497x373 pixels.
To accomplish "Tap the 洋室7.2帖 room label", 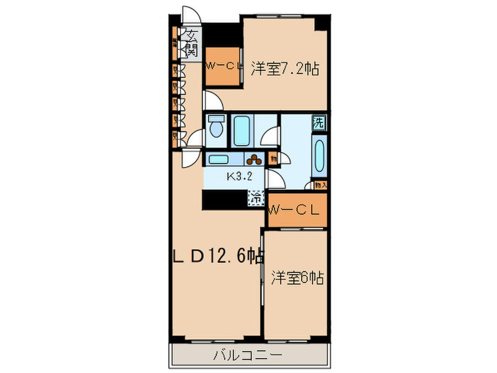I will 284,69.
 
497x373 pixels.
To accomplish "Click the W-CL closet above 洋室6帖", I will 296,210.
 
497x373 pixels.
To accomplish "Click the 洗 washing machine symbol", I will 319,122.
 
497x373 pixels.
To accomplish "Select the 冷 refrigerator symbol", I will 256,198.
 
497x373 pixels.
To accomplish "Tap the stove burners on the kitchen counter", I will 253,160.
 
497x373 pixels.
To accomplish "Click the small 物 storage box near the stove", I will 273,158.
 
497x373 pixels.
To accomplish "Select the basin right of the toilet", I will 241,129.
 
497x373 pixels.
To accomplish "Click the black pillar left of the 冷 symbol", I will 223,200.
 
